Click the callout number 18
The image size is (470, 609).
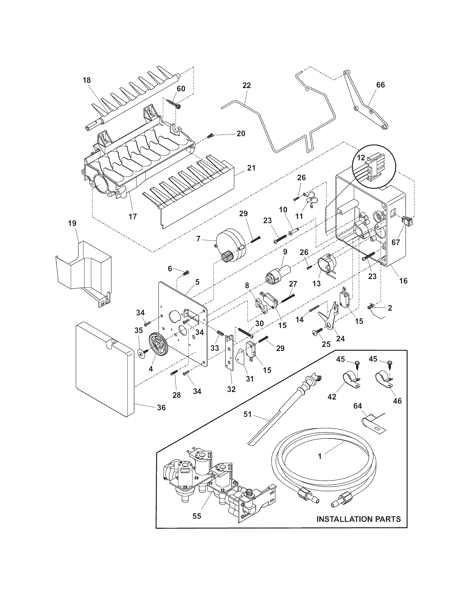point(87,81)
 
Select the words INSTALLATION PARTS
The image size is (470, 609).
point(359,519)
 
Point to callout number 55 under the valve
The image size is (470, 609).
point(197,516)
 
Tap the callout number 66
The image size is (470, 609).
point(380,85)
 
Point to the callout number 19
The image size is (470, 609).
point(72,223)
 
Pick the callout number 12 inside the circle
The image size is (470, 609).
point(361,158)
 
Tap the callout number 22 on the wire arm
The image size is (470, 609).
point(247,85)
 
